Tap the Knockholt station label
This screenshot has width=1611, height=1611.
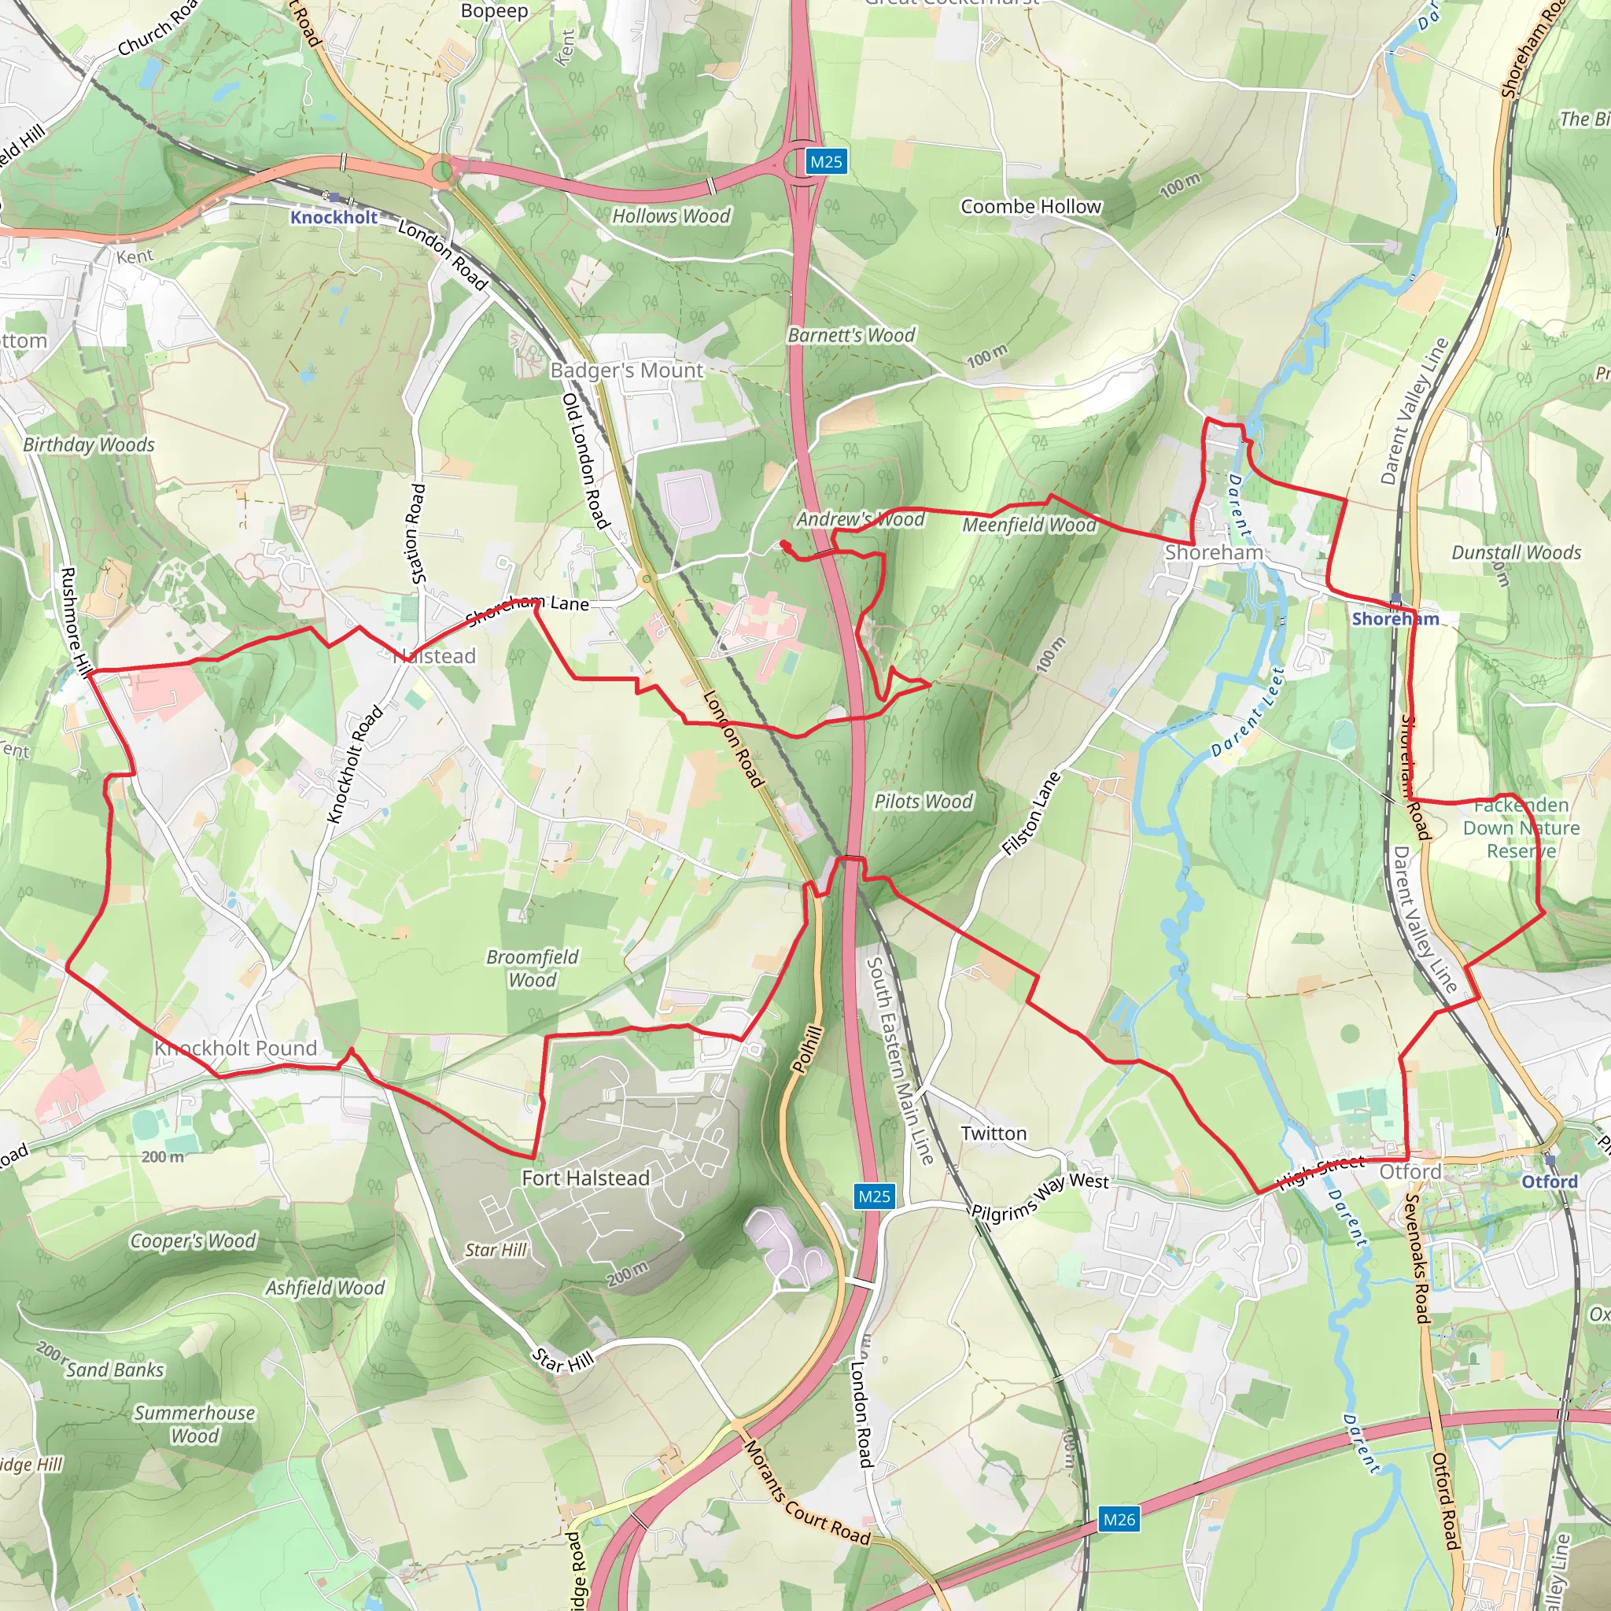point(334,218)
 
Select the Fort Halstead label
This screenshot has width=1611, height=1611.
point(585,1178)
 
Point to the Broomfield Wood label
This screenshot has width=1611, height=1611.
point(532,968)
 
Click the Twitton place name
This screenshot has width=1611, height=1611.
point(994,1134)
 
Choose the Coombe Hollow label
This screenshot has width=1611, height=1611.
point(1030,207)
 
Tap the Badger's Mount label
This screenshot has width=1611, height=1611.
point(626,370)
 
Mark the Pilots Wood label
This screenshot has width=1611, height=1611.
point(923,802)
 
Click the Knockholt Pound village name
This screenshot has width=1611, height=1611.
point(236,1048)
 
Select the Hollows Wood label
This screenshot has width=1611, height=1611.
point(671,216)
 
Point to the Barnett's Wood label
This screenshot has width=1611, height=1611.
point(850,335)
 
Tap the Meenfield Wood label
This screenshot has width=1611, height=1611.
point(1029,525)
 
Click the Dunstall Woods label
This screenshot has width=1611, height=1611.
point(1516,553)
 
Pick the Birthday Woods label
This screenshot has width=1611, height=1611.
point(88,444)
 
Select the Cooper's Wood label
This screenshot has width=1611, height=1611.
point(193,1241)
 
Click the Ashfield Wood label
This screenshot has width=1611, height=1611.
point(325,1288)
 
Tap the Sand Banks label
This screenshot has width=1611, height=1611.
point(115,1370)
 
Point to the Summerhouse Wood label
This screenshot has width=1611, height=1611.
point(194,1425)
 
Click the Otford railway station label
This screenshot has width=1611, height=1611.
point(1550,1182)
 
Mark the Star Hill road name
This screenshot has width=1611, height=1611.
point(563,1362)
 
